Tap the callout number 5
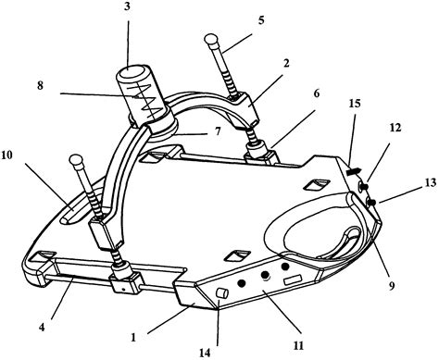click(x=261, y=21)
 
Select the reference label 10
click(x=6, y=155)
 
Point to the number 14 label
click(x=205, y=353)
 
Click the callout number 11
click(x=298, y=345)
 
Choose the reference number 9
click(x=392, y=286)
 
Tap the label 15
click(x=355, y=104)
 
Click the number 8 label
click(x=41, y=85)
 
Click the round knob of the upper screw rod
click(x=211, y=41)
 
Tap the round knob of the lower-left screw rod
click(x=76, y=161)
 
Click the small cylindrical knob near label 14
click(x=223, y=293)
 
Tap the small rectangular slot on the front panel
click(x=293, y=280)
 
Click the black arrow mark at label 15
click(x=353, y=171)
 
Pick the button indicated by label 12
click(x=363, y=186)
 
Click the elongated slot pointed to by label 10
click(x=81, y=206)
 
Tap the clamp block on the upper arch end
click(x=244, y=109)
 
